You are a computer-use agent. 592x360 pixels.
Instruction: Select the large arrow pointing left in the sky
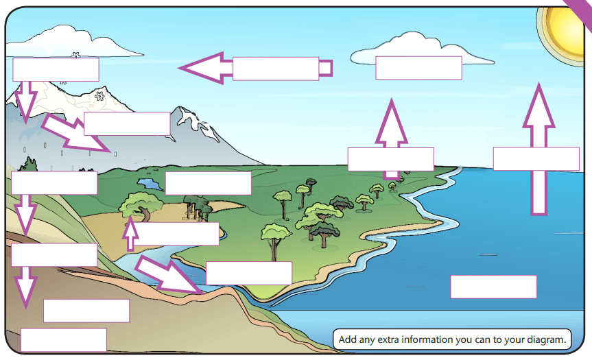coord(206,68)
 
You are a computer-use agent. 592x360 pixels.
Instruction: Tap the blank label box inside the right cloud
coord(418,68)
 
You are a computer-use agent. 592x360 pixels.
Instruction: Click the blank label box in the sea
coord(493,287)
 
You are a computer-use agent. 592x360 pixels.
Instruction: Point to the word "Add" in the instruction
coord(348,339)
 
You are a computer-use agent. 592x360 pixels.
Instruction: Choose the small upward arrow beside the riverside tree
coord(130,233)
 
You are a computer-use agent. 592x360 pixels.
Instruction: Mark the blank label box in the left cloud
coord(56,69)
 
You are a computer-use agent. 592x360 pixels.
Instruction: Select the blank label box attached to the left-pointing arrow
coord(276,69)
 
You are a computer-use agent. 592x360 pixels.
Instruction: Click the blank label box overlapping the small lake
coord(208,183)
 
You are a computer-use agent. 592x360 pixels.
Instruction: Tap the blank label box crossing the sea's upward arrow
coord(536,158)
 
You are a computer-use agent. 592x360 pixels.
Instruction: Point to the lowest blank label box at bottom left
coord(63,339)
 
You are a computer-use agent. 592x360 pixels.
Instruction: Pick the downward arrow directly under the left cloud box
coord(26,100)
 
